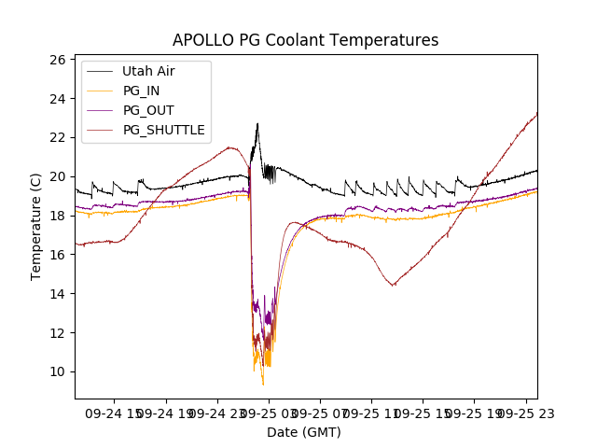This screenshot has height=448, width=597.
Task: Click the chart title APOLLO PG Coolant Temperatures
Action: click(305, 40)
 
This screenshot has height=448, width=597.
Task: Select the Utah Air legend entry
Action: click(148, 71)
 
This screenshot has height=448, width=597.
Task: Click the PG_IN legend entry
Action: click(141, 91)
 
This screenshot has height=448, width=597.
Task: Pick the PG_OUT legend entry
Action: click(147, 110)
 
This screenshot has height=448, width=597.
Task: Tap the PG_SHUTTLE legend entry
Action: click(163, 130)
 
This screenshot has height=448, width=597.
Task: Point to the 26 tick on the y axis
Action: click(57, 60)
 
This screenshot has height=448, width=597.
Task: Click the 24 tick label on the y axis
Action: click(57, 99)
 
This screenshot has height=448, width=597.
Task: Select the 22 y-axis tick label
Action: click(57, 137)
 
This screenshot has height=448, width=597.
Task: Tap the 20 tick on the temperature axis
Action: click(57, 176)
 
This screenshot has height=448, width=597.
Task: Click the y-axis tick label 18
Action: click(57, 216)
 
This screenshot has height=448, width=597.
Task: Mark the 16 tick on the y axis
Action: click(57, 255)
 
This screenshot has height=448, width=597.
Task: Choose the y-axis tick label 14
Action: click(57, 294)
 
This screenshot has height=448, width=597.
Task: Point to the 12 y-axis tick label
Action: click(57, 333)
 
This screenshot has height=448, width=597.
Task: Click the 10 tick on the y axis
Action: click(57, 371)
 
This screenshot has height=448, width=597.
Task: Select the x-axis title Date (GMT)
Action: click(304, 432)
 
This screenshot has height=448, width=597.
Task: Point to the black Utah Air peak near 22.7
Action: click(257, 123)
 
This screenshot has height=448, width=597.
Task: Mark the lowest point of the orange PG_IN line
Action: click(263, 385)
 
